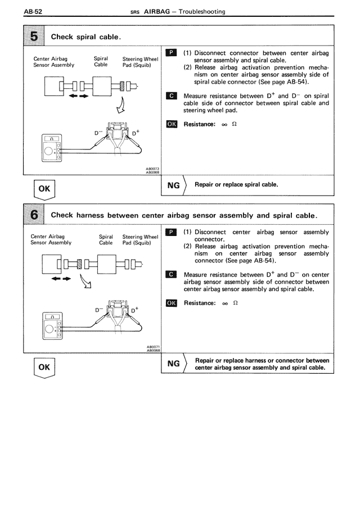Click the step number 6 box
(x=34, y=215)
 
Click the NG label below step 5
(x=174, y=184)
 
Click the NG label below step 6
(x=174, y=364)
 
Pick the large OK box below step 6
(x=43, y=368)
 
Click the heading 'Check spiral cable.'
(x=87, y=37)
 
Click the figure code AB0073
(x=152, y=168)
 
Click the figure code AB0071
(x=152, y=347)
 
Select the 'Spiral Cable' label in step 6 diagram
(x=106, y=240)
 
